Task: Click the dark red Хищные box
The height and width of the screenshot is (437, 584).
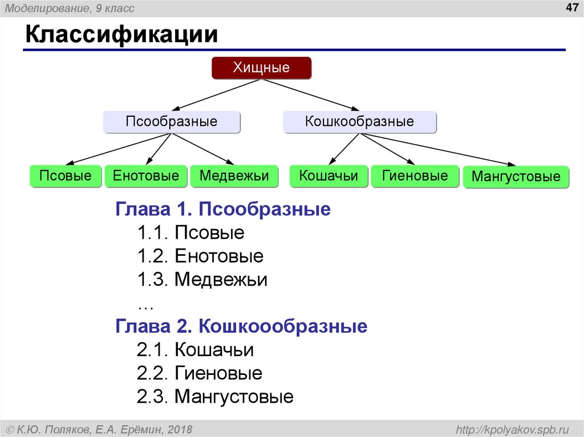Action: click(x=261, y=68)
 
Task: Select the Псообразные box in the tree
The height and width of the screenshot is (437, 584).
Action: click(x=172, y=122)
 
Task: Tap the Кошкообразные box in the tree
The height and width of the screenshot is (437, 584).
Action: click(x=359, y=122)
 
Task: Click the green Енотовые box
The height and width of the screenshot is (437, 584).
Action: click(x=146, y=176)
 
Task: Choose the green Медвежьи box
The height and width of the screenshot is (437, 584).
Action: click(x=234, y=176)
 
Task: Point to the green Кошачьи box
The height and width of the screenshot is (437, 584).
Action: click(x=328, y=176)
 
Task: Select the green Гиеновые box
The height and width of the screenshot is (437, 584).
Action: click(x=415, y=176)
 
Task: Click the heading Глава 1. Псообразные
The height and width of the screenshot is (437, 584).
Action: click(x=223, y=209)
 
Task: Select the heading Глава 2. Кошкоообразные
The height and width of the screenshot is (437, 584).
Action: click(x=241, y=326)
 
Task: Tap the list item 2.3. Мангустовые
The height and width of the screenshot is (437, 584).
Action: click(x=215, y=397)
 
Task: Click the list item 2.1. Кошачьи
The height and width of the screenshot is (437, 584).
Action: click(x=195, y=350)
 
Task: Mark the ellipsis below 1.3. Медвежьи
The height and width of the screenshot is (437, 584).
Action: click(x=145, y=305)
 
